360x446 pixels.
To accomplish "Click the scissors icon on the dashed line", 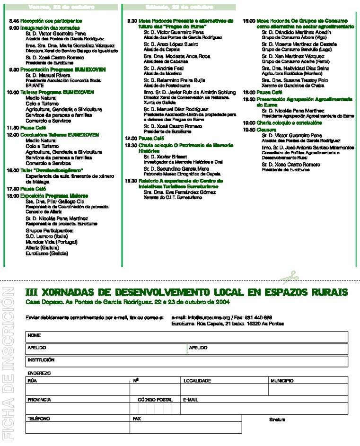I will (289, 276).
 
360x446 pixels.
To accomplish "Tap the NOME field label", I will (34, 335).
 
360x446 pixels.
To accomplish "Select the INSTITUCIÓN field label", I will (41, 359).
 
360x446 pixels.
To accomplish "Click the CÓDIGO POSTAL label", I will (155, 400).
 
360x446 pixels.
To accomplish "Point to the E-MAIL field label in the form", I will (191, 400).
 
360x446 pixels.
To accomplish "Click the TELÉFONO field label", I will (39, 419).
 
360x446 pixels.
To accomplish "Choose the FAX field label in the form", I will (137, 419).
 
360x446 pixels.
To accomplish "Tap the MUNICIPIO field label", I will (282, 380).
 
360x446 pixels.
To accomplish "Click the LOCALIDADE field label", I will (197, 380).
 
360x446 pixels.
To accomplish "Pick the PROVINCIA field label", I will (39, 400).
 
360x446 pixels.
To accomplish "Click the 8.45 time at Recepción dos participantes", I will (14, 21).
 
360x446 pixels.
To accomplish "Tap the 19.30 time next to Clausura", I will (249, 129).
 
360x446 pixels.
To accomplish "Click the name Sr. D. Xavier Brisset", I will (163, 156).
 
